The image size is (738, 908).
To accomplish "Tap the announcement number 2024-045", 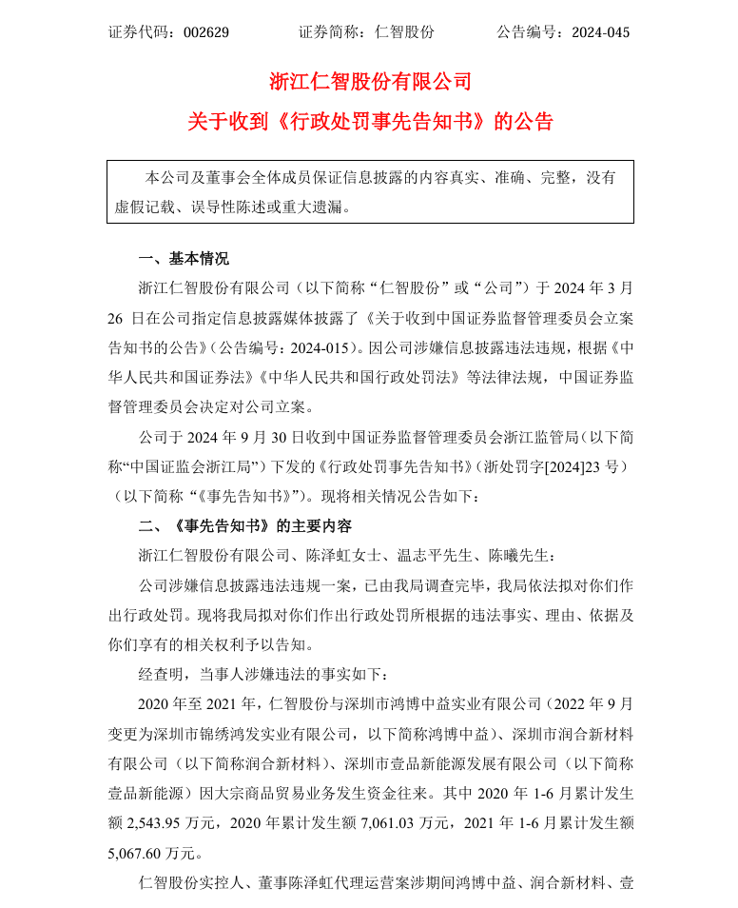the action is coord(600,31).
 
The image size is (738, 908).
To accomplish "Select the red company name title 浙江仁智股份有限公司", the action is coord(370,82).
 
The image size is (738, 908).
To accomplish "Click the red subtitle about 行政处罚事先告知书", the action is coord(370,122).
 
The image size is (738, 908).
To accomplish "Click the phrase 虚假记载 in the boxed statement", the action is coord(145,205).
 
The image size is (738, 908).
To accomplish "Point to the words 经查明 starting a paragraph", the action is coord(161,674).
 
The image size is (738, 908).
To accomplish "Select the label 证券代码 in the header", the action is coord(137,31).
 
